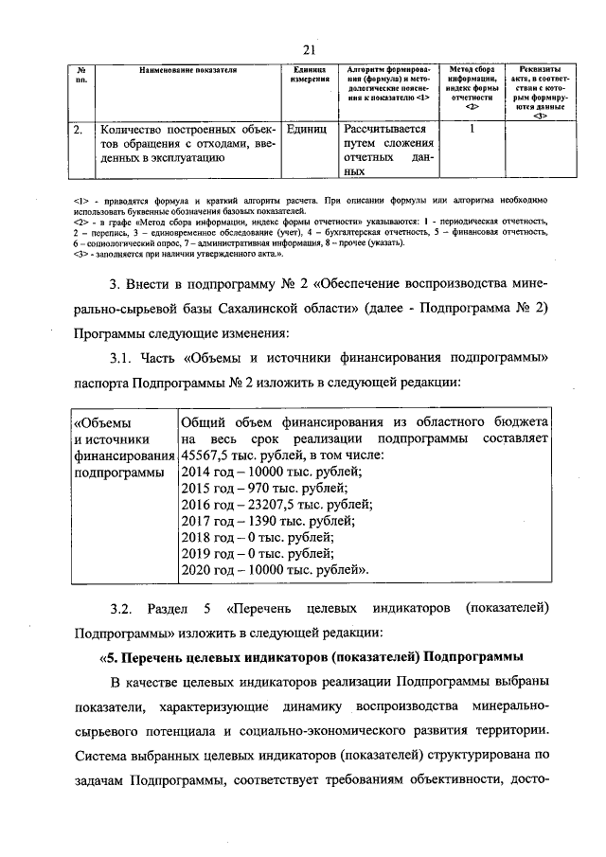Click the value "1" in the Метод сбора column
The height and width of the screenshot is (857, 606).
click(471, 129)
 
